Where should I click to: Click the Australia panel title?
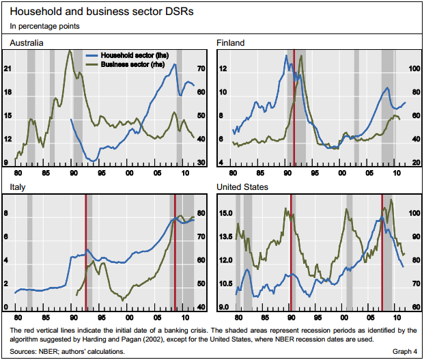point(27,42)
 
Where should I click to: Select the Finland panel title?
point(230,42)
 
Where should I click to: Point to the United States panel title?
point(242,186)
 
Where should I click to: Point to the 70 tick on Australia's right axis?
point(201,69)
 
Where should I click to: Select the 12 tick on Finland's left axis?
point(222,69)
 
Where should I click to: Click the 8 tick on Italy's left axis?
point(7,214)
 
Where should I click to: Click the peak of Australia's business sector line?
point(70,51)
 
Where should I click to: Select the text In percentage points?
point(45,27)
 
